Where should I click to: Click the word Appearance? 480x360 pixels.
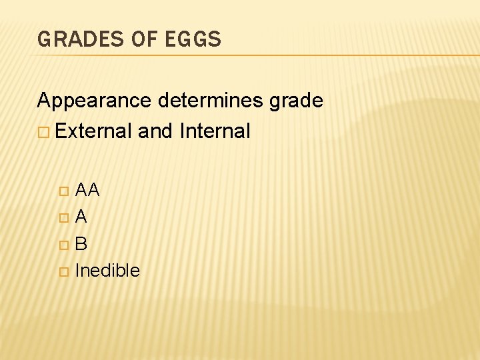pyautogui.click(x=95, y=101)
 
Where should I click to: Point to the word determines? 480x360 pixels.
pyautogui.click(x=211, y=101)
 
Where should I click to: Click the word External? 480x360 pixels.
pyautogui.click(x=94, y=131)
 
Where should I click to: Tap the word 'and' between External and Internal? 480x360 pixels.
pyautogui.click(x=156, y=131)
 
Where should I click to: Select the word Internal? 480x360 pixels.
pyautogui.click(x=215, y=131)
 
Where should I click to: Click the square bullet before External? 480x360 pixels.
pyautogui.click(x=43, y=132)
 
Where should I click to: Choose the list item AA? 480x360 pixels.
pyautogui.click(x=87, y=191)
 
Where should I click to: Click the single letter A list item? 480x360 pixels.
pyautogui.click(x=81, y=217)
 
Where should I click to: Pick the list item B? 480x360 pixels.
pyautogui.click(x=81, y=243)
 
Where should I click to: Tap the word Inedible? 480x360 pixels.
pyautogui.click(x=107, y=270)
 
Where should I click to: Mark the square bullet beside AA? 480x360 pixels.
pyautogui.click(x=63, y=191)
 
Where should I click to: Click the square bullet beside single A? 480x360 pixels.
pyautogui.click(x=63, y=217)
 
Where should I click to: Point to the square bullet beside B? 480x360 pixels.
pyautogui.click(x=63, y=244)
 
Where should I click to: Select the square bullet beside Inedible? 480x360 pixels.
pyautogui.click(x=63, y=271)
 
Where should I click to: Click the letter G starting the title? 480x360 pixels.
pyautogui.click(x=44, y=40)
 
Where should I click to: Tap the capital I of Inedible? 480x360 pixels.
pyautogui.click(x=77, y=270)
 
